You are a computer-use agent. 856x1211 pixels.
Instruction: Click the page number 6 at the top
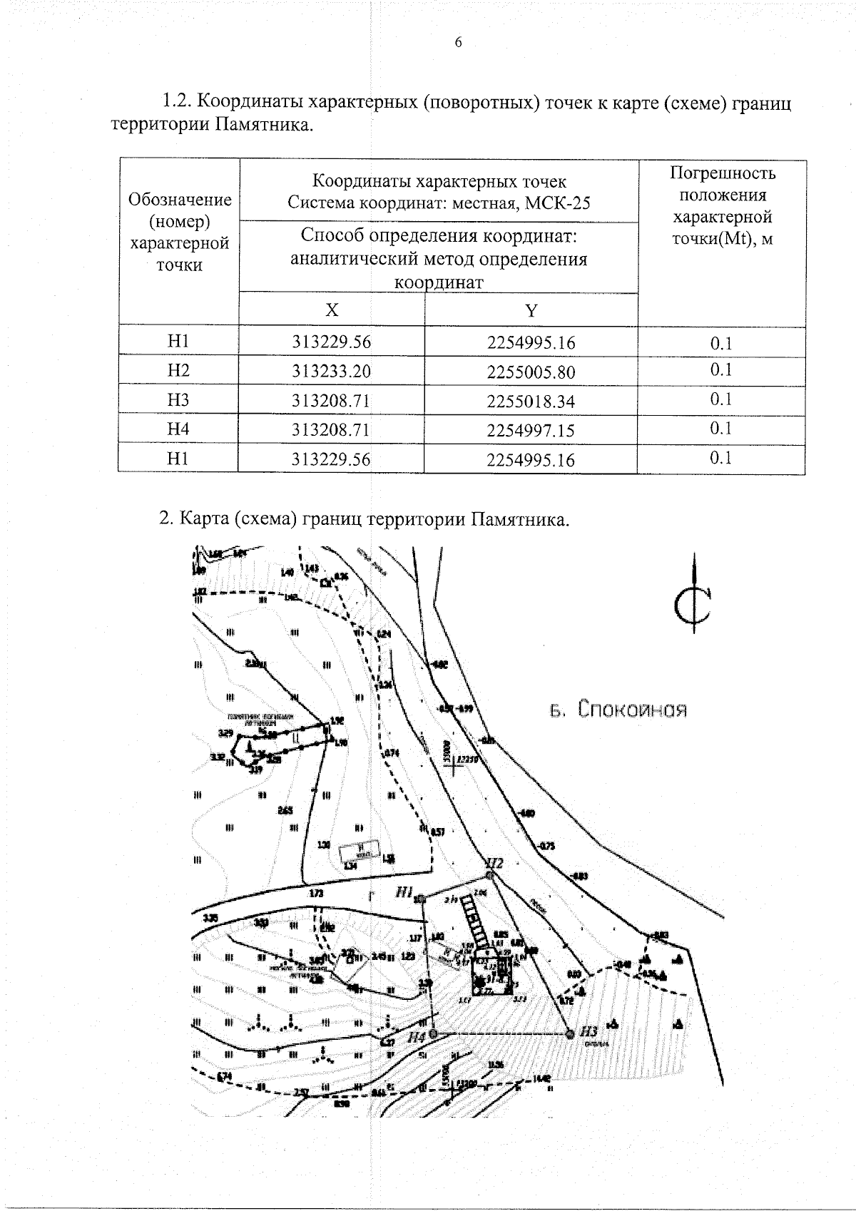(458, 43)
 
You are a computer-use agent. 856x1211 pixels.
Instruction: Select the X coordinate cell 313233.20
(332, 372)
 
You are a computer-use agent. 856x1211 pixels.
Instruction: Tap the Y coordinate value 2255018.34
(531, 402)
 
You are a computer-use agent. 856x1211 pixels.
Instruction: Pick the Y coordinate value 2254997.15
(531, 431)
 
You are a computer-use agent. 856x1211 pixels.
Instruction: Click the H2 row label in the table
(178, 371)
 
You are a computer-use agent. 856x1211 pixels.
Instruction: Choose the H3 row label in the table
(178, 400)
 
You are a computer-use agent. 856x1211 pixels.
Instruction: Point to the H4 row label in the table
(178, 429)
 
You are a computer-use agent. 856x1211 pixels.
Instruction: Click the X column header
(332, 310)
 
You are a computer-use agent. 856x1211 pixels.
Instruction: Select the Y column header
(531, 310)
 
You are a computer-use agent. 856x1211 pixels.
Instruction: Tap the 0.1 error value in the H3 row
(721, 399)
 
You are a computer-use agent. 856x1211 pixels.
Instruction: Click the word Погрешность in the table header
(723, 173)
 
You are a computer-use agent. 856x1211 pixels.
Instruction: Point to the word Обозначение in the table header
(179, 200)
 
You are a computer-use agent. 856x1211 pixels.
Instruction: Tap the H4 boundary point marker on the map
(432, 1032)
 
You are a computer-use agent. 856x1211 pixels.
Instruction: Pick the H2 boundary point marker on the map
(489, 874)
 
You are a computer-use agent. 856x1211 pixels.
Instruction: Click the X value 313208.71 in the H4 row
(332, 430)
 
